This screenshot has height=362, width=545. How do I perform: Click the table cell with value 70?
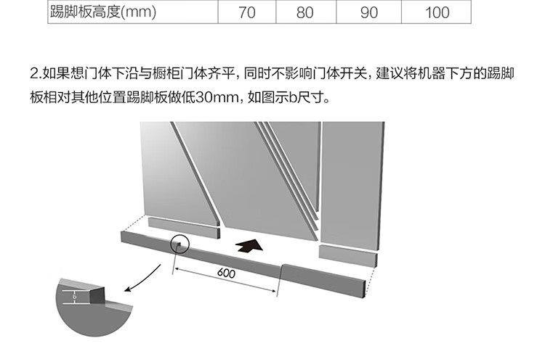[x=247, y=12]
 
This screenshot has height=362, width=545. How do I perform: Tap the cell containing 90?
[x=369, y=12]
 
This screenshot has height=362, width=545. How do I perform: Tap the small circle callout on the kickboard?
[x=179, y=244]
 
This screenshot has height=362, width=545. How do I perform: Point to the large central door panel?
[x=240, y=174]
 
